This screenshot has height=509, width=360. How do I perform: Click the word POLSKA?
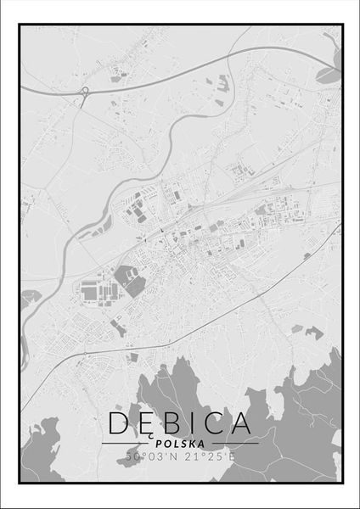180,443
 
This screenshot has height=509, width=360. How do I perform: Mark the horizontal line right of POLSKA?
233,443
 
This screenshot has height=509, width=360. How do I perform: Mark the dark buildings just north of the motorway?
223,82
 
